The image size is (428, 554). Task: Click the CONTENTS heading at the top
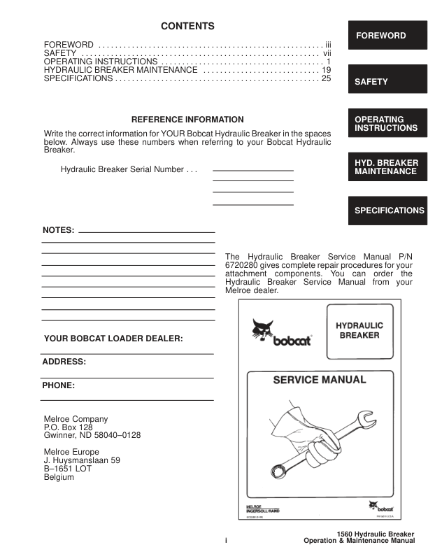pyautogui.click(x=187, y=27)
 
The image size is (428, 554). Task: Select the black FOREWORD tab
pyautogui.click(x=387, y=36)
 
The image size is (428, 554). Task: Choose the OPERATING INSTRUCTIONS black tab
pyautogui.click(x=387, y=124)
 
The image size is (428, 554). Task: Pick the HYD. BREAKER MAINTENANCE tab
pyautogui.click(x=387, y=167)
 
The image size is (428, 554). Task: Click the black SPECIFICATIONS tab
pyautogui.click(x=387, y=211)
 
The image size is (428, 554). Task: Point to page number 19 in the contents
pyautogui.click(x=325, y=71)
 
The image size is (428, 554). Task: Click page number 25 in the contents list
pyautogui.click(x=325, y=79)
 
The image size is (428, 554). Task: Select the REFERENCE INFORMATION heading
pyautogui.click(x=187, y=120)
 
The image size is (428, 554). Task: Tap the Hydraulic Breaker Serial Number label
pyautogui.click(x=129, y=170)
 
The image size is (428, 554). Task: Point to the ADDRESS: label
pyautogui.click(x=64, y=362)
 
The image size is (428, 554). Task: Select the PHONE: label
pyautogui.click(x=59, y=385)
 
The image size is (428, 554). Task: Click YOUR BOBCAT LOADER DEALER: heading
pyautogui.click(x=113, y=339)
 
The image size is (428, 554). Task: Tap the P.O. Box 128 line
pyautogui.click(x=68, y=427)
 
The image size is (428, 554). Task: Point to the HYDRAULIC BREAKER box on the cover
pyautogui.click(x=359, y=331)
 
